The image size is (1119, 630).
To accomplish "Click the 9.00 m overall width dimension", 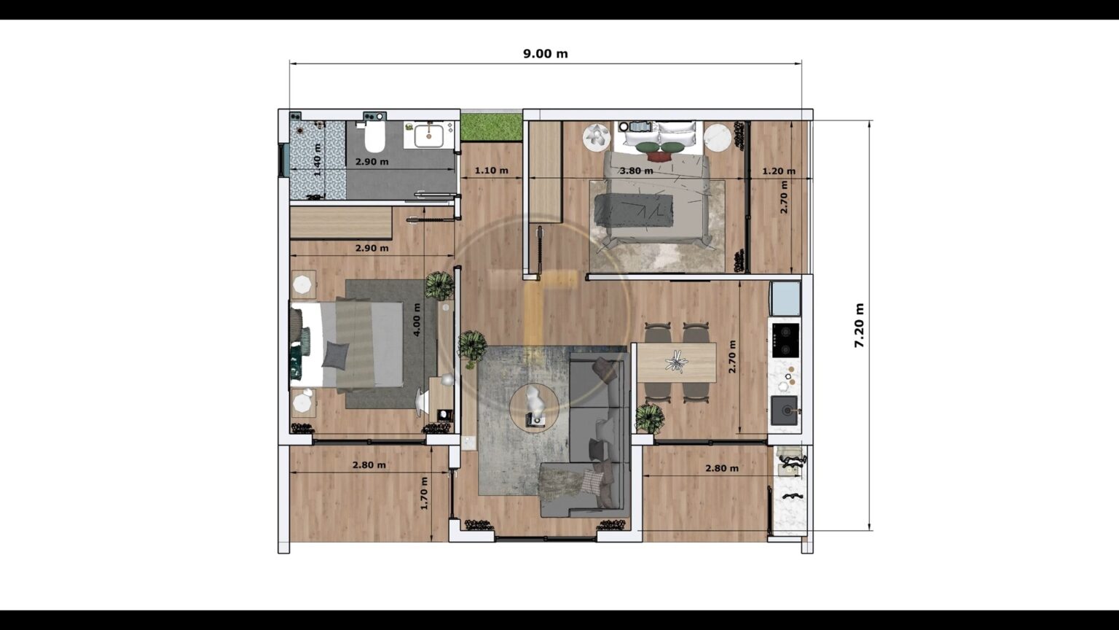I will pos(545,54).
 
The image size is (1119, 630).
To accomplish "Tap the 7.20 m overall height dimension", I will pos(859,325).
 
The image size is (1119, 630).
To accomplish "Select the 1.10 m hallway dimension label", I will pos(490,171).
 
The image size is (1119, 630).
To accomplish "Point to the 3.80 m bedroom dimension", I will pos(636,171).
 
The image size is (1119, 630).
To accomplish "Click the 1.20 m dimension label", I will pos(778,171).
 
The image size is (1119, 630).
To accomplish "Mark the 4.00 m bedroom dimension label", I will pos(417,319).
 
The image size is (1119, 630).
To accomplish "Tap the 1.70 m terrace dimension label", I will pos(424,492).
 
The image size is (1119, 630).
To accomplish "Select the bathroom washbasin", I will pos(429,136).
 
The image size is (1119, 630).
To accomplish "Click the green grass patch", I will pos(492,126).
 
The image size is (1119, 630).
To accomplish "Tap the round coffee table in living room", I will pos(534,407).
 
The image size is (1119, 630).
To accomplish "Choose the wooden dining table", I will pos(677,362).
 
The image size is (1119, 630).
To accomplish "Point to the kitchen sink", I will pos(785,411).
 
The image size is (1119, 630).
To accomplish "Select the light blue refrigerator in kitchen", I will pos(785,297).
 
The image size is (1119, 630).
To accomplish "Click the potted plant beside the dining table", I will pos(648,419).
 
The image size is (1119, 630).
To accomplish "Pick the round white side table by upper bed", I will pos(718,136).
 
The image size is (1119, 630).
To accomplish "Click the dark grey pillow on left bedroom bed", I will pos(335,354).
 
